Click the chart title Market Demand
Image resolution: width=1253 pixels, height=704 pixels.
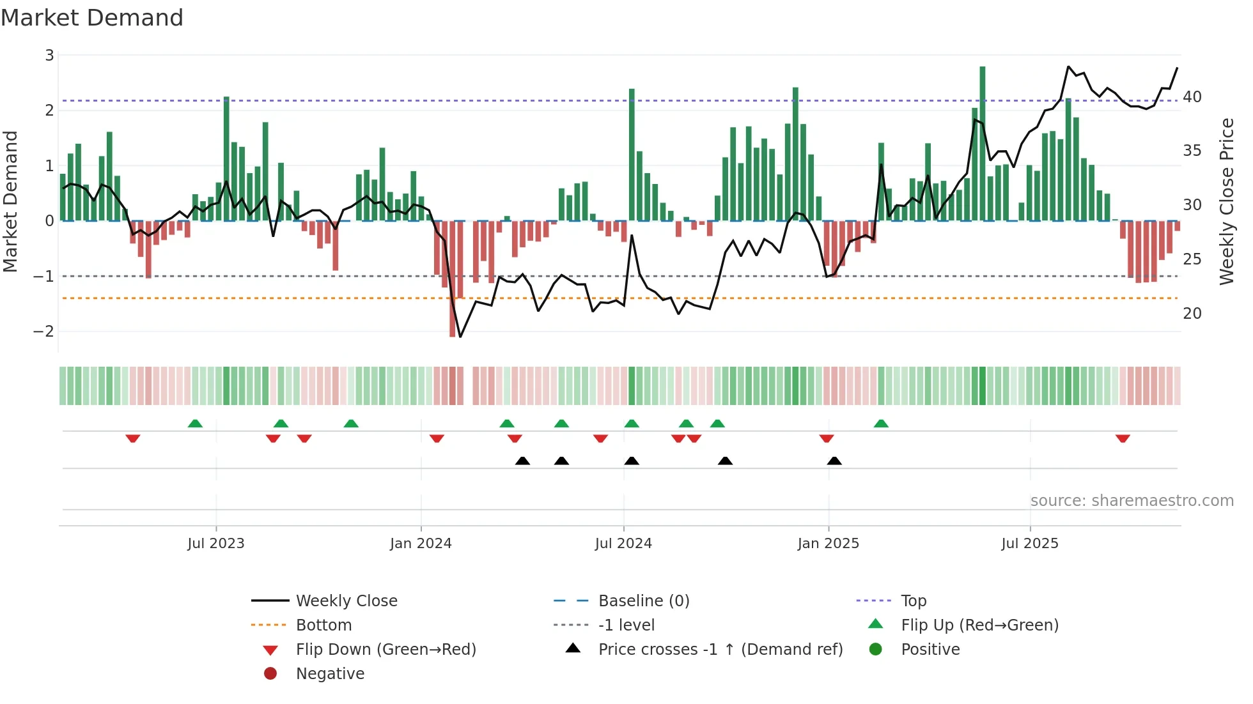point(92,18)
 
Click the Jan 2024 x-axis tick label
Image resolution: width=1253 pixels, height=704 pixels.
point(421,544)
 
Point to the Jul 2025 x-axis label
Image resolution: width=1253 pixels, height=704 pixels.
point(1029,544)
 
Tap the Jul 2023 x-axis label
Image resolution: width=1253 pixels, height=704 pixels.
point(216,544)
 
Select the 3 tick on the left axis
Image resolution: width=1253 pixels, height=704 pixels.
point(49,56)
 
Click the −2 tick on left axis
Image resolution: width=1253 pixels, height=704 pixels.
point(44,332)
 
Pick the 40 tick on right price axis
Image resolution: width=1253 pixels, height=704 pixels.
point(1192,97)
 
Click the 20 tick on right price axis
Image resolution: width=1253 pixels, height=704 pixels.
point(1192,314)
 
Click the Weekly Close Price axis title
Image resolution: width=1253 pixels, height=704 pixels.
point(1226,201)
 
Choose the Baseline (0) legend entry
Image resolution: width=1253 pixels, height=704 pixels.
point(643,601)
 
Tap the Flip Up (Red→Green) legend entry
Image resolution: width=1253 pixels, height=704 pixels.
point(979,625)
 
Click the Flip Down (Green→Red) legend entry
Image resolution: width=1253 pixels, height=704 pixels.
point(385,650)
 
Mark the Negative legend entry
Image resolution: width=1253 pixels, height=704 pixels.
point(330,674)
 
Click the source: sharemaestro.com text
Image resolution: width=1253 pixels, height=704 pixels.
point(1132,501)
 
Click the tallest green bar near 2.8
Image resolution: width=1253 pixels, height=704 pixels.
point(983,144)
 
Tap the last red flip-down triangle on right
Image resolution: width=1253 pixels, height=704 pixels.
point(1123,438)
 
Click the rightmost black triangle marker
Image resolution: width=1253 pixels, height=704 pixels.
point(834,461)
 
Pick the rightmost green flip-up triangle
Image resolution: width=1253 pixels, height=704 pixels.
point(881,424)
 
